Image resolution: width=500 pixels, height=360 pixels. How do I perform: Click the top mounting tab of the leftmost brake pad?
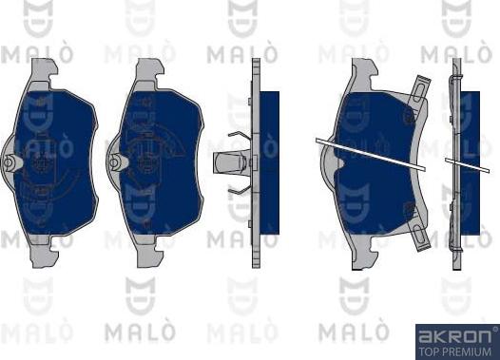44,70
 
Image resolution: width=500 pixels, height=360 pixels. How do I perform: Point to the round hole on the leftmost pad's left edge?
9,162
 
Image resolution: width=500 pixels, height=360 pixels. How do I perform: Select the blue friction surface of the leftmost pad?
54,162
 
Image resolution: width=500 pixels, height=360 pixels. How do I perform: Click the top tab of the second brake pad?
149,70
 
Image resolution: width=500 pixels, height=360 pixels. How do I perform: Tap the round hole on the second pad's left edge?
114,162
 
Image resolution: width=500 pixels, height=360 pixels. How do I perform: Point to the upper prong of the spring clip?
239,137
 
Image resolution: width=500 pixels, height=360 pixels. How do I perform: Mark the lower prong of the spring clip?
239,190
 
